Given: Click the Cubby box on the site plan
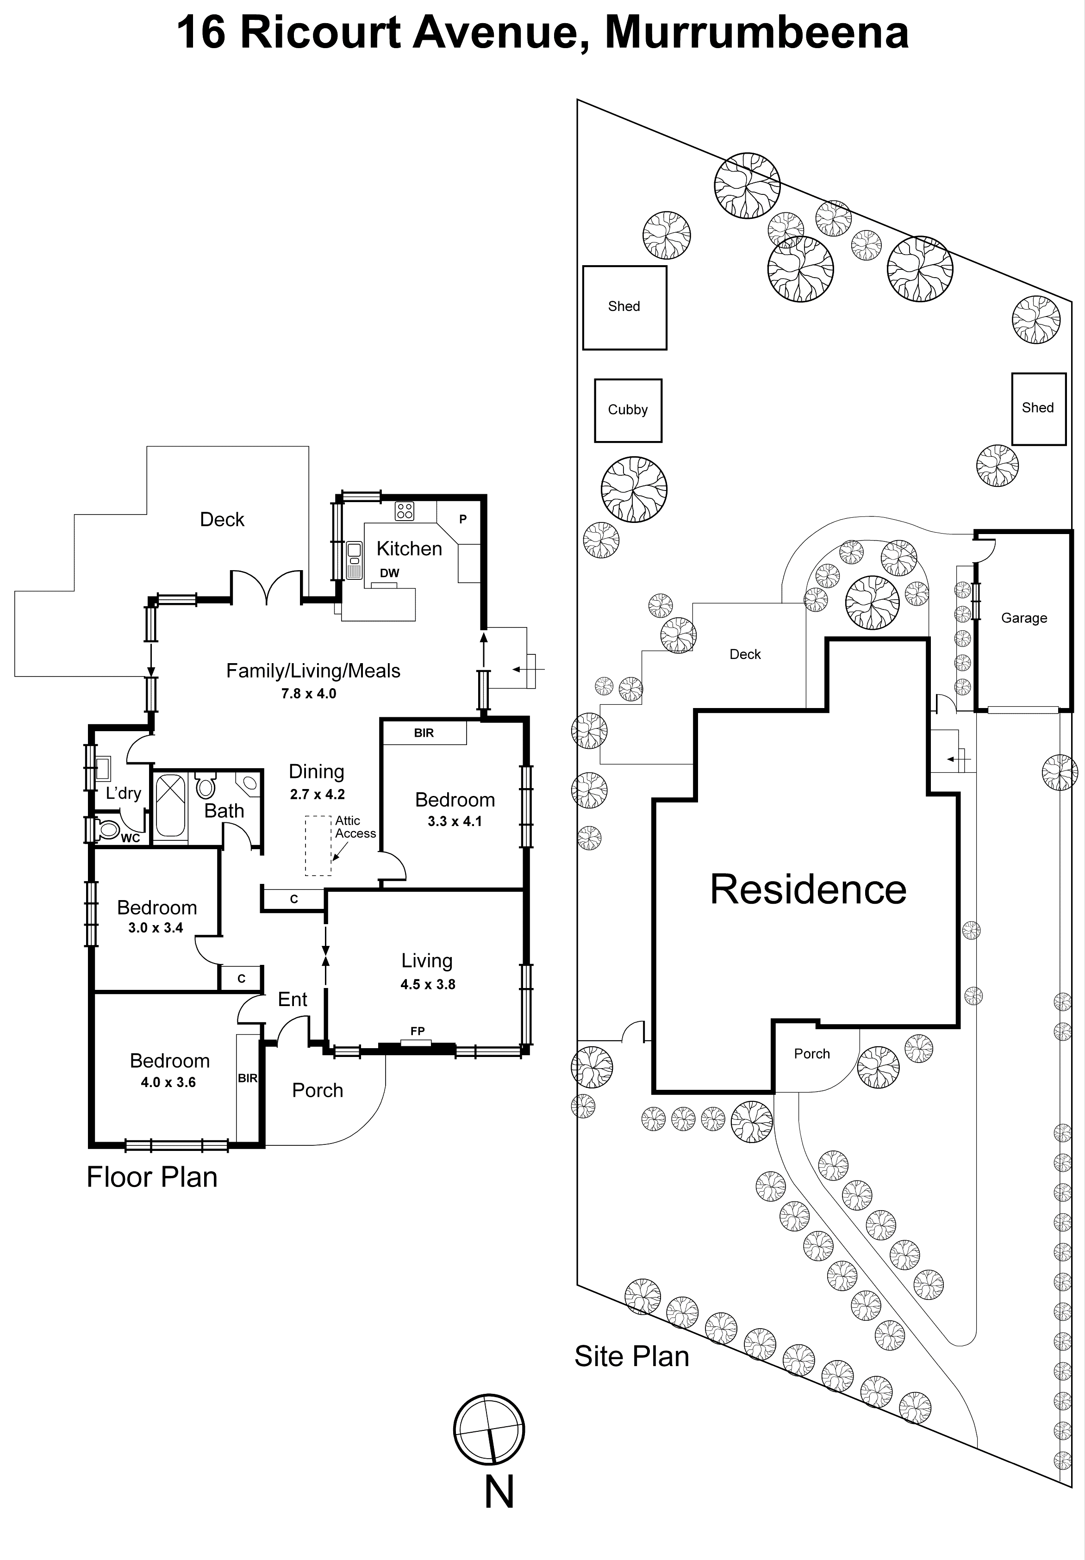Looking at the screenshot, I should pos(628,410).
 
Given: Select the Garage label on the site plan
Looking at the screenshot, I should pos(1024,618).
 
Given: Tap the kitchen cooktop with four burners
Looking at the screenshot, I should pos(405,511).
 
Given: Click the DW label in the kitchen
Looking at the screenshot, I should pos(389,573).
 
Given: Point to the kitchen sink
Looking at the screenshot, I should pos(354,560).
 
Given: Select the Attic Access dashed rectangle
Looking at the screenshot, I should pos(317,845).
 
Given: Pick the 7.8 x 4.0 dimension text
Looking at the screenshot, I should pos(309,694).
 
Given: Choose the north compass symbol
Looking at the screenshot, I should pos(489,1429).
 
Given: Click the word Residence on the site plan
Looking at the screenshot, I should pos(808,889).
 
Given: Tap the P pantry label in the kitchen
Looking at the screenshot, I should pos(463,519).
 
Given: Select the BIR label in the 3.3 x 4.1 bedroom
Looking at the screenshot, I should pos(424,733).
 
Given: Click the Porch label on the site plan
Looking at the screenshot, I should pos(812,1054).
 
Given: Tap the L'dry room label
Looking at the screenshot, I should pos(124,793).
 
